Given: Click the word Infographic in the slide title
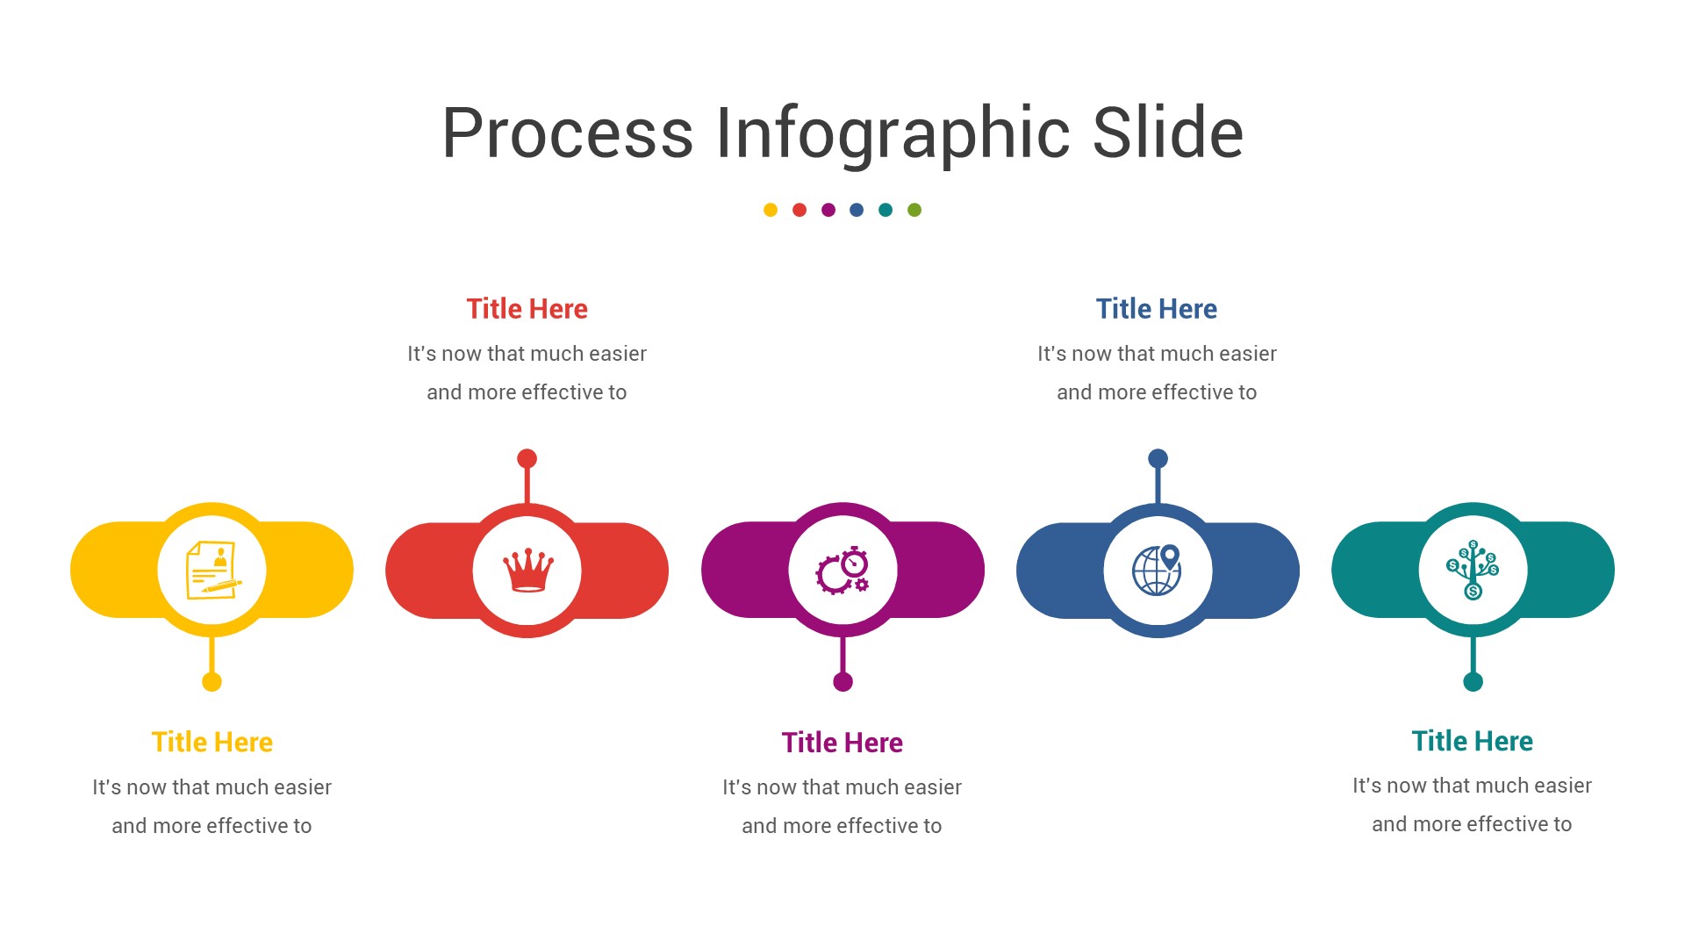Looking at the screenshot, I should click(x=893, y=134).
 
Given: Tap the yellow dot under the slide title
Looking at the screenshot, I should click(x=771, y=210).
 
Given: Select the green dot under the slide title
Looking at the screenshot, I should click(x=914, y=210).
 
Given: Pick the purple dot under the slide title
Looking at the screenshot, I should click(x=828, y=210).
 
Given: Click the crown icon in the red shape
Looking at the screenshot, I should click(x=527, y=571).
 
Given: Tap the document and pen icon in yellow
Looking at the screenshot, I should click(x=212, y=571).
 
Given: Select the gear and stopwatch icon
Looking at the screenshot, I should click(x=842, y=571).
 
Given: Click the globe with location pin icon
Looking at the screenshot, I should click(x=1158, y=571).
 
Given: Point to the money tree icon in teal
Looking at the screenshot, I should click(x=1473, y=571).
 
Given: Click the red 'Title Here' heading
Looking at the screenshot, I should click(x=527, y=309).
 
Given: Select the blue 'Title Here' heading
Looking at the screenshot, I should click(x=1157, y=309).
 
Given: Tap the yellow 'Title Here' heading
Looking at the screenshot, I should click(x=212, y=743).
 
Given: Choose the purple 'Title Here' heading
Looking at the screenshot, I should click(x=842, y=743).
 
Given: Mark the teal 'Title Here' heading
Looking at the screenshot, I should click(x=1473, y=741).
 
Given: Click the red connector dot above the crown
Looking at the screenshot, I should click(x=527, y=458).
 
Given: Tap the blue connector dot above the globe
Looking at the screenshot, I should click(x=1158, y=458).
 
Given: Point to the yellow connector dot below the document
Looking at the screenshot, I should click(x=212, y=682).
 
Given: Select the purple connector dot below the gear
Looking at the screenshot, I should click(x=842, y=682).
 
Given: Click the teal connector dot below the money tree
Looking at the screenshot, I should click(x=1473, y=682).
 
